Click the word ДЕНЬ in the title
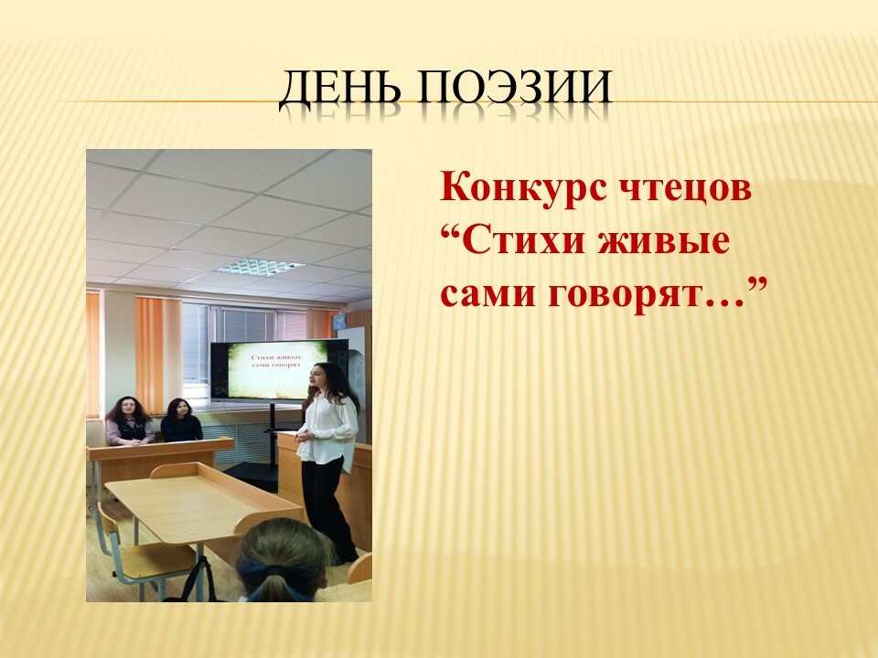(x=340, y=89)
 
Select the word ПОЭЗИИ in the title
(x=514, y=87)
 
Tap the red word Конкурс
(x=523, y=188)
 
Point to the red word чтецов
(x=684, y=189)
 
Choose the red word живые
(x=664, y=241)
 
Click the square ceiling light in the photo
(x=261, y=267)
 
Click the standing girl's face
(x=317, y=375)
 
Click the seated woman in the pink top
(x=129, y=421)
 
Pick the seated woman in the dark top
(x=181, y=420)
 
